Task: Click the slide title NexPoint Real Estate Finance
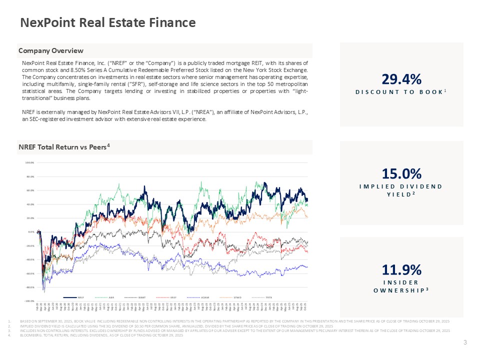[x=107, y=22]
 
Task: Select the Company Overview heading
[x=51, y=50]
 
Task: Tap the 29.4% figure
[x=401, y=79]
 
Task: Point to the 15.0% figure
[x=401, y=173]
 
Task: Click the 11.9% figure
[x=401, y=270]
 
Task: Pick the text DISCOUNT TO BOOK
[x=399, y=92]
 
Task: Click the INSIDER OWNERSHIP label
[x=401, y=286]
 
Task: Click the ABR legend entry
[x=113, y=297]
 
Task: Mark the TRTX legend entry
[x=268, y=297]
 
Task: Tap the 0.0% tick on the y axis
[x=30, y=232]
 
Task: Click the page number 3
[x=465, y=342]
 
